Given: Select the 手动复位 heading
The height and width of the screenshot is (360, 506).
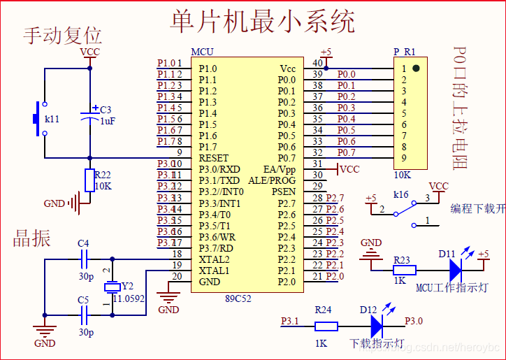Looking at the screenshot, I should pyautogui.click(x=63, y=36).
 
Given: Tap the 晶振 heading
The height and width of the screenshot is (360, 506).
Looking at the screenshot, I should pyautogui.click(x=32, y=238).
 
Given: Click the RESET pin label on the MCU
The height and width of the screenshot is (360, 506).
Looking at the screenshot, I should pyautogui.click(x=213, y=158).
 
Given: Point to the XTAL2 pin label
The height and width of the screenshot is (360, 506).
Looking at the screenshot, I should pyautogui.click(x=214, y=259).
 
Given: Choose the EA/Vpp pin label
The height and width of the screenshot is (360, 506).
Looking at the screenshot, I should pyautogui.click(x=280, y=169).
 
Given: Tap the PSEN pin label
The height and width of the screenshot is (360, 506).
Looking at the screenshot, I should pyautogui.click(x=284, y=192).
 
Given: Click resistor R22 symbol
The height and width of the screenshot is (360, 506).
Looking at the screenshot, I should pyautogui.click(x=89, y=180).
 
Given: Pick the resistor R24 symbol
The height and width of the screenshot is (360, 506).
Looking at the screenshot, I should pyautogui.click(x=326, y=326).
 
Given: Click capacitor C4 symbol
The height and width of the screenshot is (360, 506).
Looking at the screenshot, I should pyautogui.click(x=84, y=259).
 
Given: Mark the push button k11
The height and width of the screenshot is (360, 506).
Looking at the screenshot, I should pyautogui.click(x=36, y=120).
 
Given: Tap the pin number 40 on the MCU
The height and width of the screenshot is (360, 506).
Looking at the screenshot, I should pyautogui.click(x=318, y=64).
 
